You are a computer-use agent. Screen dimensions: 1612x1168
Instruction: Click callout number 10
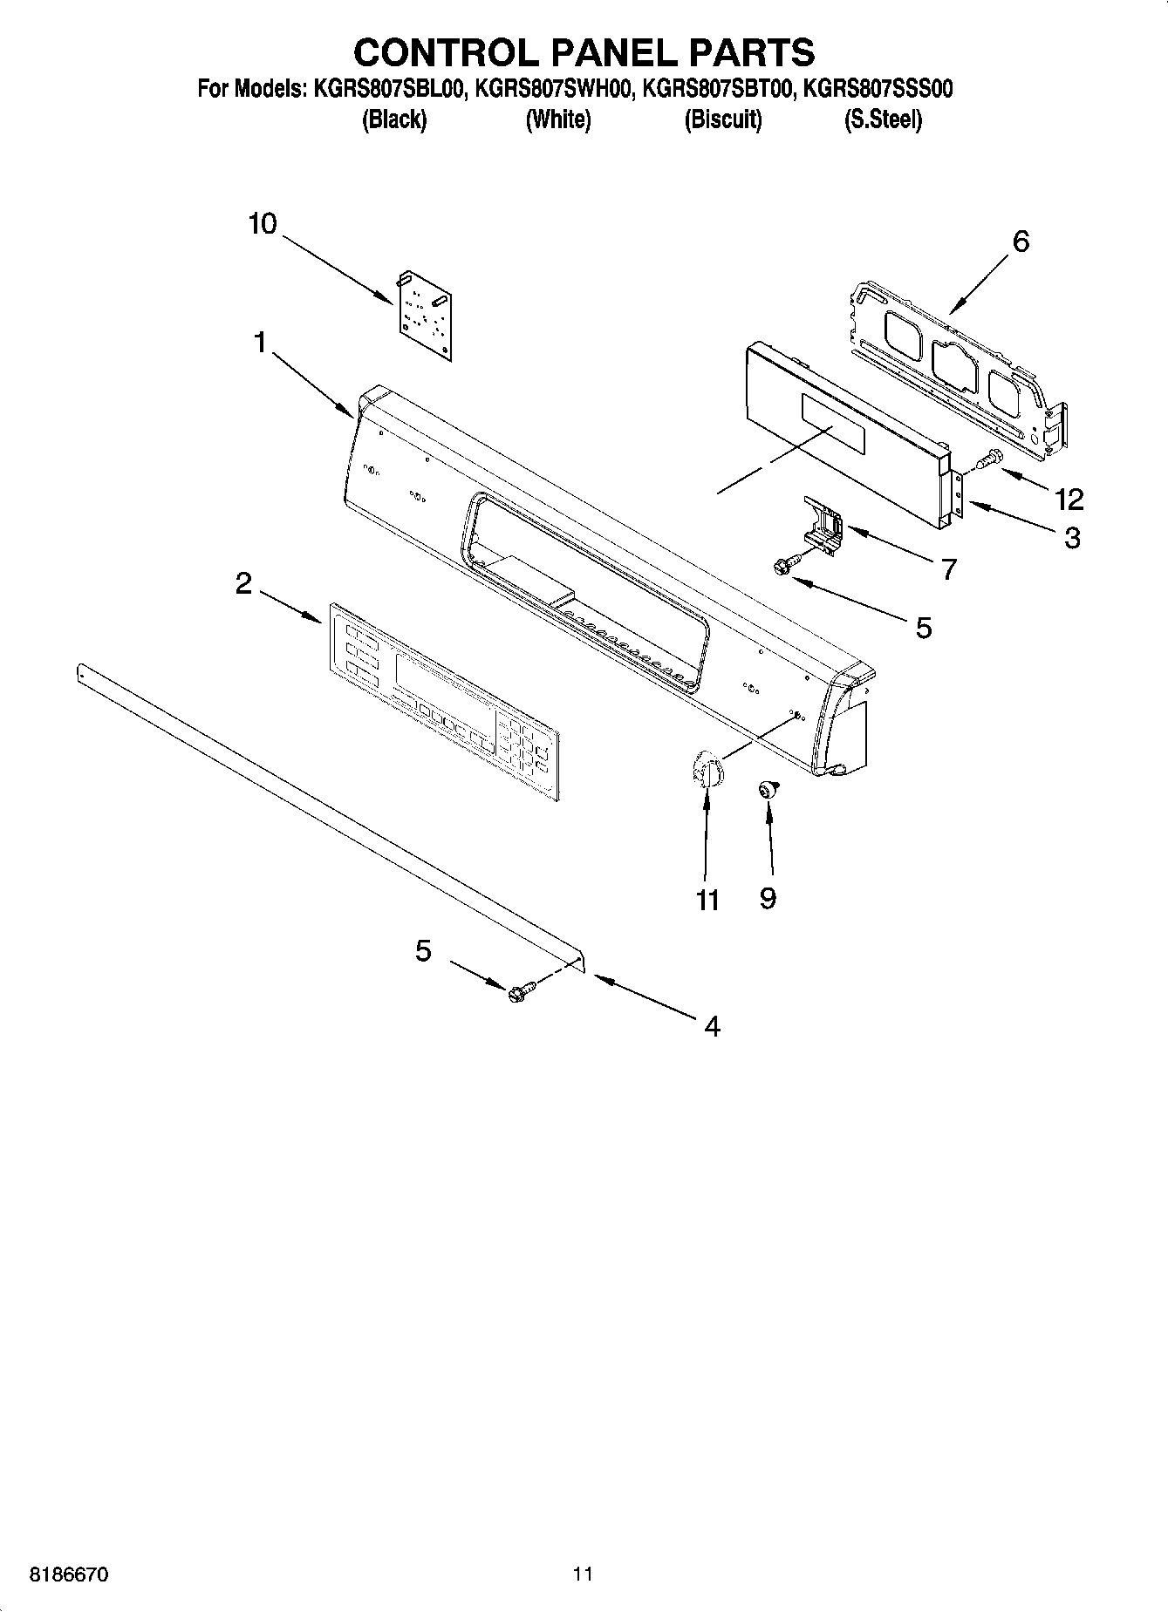[262, 224]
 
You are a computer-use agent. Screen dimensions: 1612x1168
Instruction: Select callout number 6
[1021, 241]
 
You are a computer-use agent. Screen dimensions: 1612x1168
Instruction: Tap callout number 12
[1069, 500]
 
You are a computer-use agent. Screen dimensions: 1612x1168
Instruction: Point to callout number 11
[707, 900]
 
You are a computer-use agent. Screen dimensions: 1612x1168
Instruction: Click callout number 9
[768, 898]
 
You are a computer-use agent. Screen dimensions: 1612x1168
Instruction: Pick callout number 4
[712, 1026]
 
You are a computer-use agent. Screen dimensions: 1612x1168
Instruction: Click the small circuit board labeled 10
[425, 314]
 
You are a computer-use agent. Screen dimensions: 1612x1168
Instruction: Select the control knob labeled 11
[705, 772]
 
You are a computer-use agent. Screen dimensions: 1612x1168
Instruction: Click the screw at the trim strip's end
[521, 992]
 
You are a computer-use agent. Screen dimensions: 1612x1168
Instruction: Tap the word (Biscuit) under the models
[722, 119]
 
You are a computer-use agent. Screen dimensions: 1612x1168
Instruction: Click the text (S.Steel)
[882, 119]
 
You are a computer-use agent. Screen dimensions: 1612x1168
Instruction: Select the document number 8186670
[70, 1575]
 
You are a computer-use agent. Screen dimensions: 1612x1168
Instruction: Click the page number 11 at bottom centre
[583, 1574]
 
